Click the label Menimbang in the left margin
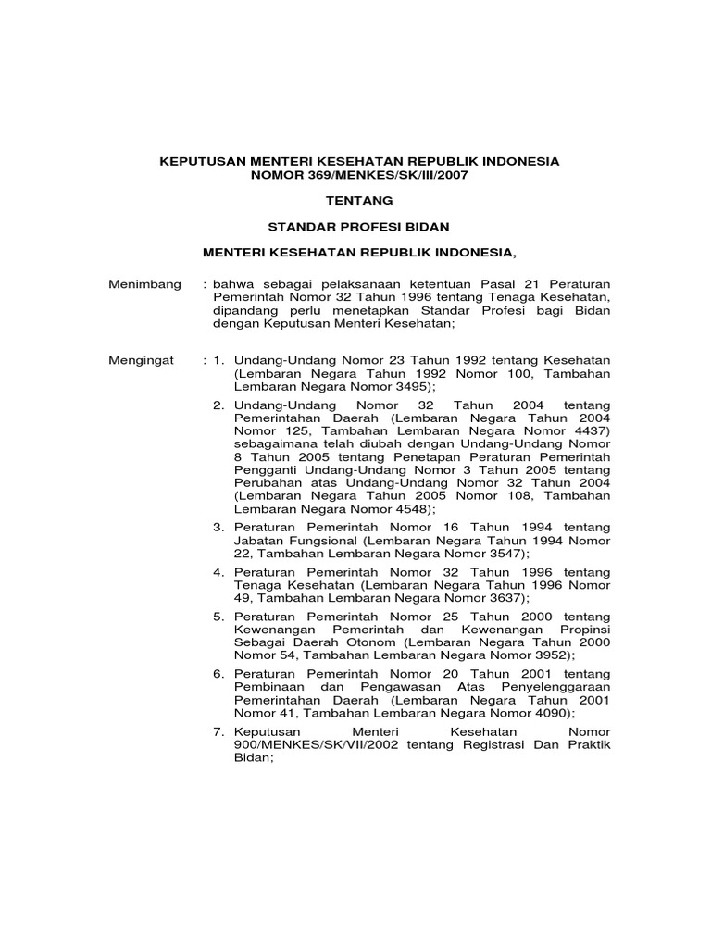[145, 284]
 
